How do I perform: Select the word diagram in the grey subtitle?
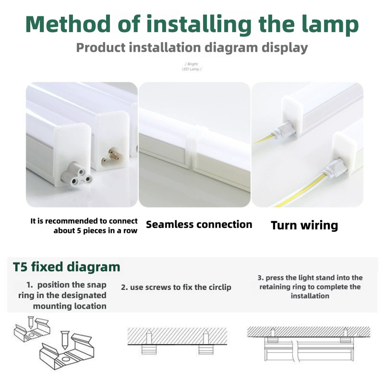231,48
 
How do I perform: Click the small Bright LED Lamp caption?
192,66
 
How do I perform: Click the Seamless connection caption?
199,225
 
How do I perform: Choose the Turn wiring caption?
304,225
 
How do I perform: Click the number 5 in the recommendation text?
79,231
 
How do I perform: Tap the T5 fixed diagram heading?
66,267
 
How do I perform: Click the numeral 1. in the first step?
30,285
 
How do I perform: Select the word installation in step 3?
310,296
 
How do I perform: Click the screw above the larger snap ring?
65,340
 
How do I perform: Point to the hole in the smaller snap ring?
31,335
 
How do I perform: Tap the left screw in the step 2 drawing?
149,337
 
